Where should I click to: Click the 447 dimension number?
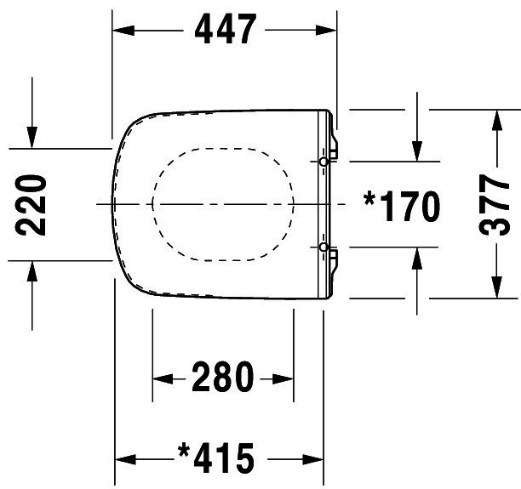point(226,29)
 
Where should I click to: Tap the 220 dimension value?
point(31,205)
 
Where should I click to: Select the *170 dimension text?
point(402,206)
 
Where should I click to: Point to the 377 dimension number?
point(494,205)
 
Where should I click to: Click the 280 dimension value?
point(223,377)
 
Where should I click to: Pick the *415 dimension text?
point(216,458)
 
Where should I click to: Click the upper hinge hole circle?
point(323,162)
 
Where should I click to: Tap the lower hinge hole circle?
point(323,247)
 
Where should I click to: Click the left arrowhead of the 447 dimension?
point(123,31)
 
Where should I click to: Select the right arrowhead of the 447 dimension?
point(326,31)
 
